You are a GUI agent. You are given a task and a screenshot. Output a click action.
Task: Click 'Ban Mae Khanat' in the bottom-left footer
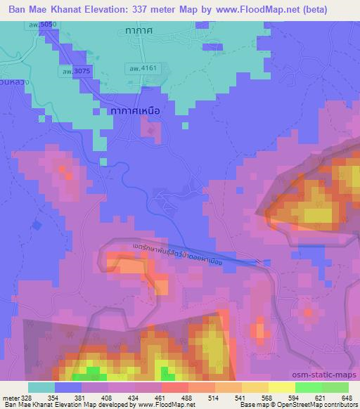point(23,405)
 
